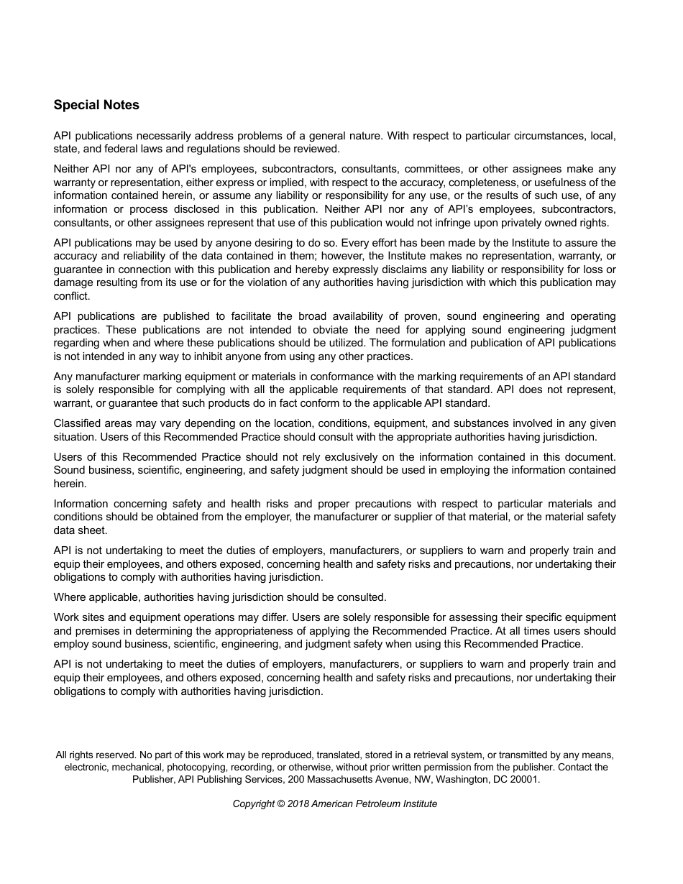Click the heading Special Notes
click(x=96, y=105)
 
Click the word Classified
click(x=77, y=423)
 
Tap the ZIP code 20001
click(x=524, y=779)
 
